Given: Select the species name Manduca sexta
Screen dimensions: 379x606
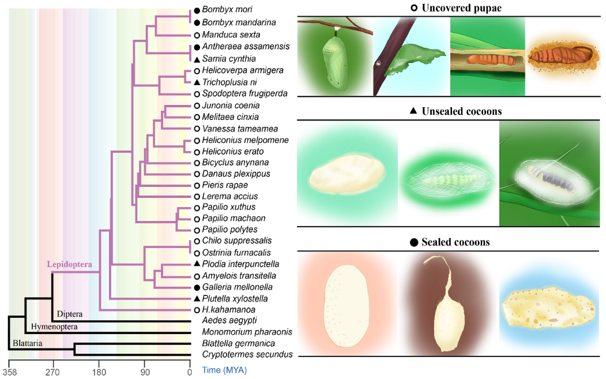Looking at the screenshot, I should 227,35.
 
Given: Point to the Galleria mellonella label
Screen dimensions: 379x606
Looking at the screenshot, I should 233,287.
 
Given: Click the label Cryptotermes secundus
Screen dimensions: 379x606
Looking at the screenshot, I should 247,354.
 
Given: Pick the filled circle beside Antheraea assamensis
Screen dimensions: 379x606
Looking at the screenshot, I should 197,46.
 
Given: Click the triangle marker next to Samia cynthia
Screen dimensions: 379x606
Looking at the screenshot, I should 197,59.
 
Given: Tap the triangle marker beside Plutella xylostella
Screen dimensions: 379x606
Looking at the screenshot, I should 197,298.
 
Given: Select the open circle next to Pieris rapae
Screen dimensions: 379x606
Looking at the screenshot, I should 197,185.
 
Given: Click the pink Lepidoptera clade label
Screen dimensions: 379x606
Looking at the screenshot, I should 70,265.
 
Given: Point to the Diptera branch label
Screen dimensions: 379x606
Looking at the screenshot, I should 69,314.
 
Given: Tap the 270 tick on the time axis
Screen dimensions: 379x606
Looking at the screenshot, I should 53,372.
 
